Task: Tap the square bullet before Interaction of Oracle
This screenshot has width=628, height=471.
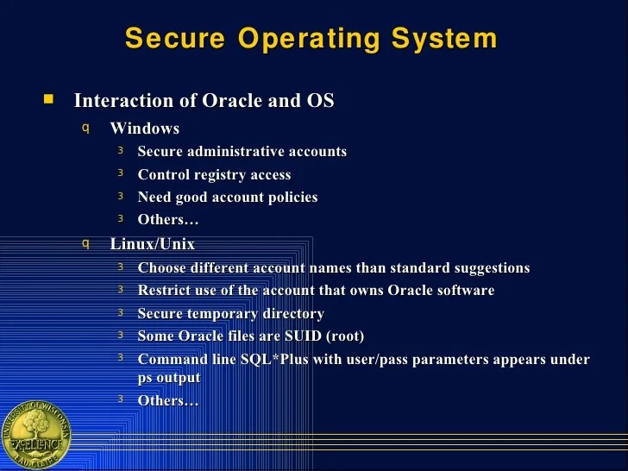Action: pos(48,99)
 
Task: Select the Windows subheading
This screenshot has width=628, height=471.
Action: pos(144,129)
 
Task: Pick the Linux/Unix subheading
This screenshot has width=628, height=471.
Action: pos(152,244)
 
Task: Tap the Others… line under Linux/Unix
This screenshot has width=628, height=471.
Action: pos(168,400)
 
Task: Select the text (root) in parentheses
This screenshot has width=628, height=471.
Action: pos(344,336)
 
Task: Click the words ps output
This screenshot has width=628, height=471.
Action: pos(169,378)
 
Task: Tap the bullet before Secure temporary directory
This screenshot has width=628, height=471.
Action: pos(121,312)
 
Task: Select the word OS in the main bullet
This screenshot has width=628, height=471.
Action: pos(320,100)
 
